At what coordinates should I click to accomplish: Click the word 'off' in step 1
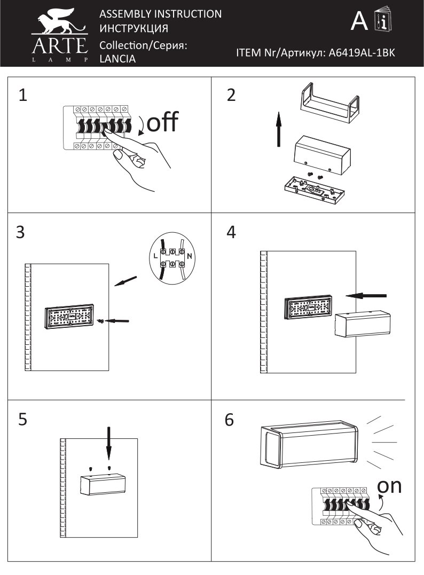tap(162, 122)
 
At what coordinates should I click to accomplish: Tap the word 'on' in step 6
tap(389, 486)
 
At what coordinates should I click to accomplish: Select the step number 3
tap(20, 232)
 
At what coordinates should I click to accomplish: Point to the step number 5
tap(23, 419)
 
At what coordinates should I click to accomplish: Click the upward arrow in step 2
tap(279, 129)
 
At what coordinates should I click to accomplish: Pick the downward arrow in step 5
tap(108, 443)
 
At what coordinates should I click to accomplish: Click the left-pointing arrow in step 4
tap(366, 295)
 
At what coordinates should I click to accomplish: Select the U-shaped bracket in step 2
tap(329, 103)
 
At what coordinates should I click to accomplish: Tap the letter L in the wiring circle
tap(155, 256)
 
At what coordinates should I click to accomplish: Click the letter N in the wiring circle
tap(189, 256)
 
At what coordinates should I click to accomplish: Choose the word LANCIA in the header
tap(117, 59)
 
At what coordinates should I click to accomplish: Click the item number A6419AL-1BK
tap(362, 53)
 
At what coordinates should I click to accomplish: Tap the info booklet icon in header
tap(382, 19)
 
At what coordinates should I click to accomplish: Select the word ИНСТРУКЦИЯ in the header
tap(134, 28)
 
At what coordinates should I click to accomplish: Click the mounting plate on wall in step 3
tap(69, 317)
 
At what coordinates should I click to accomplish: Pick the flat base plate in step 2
tap(315, 188)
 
